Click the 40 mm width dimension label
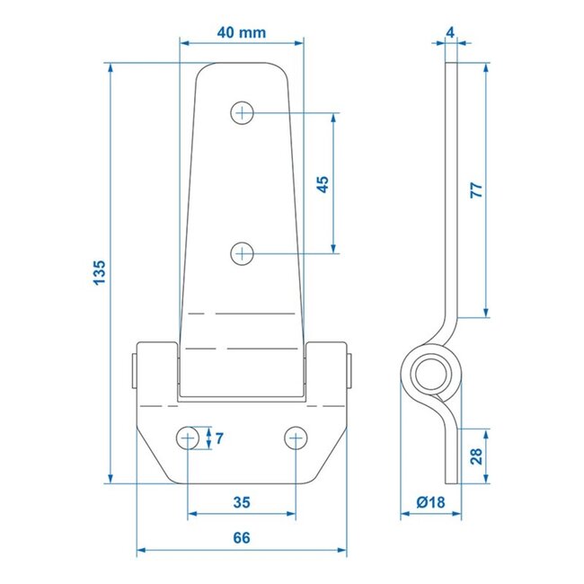242,33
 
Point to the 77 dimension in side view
476,190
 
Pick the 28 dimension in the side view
476,456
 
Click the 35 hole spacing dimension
242,501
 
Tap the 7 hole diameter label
220,438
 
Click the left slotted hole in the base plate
188,438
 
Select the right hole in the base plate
296,438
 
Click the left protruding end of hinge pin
134,368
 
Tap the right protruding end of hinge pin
350,368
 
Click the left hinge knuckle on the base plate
156,368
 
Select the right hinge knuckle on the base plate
325,368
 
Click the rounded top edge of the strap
242,65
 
